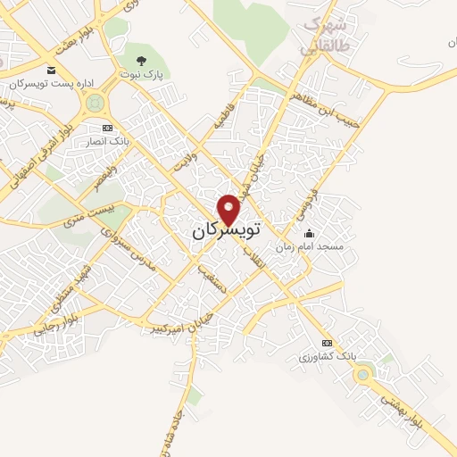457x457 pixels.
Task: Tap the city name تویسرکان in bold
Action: (225, 230)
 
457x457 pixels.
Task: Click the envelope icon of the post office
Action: (51, 70)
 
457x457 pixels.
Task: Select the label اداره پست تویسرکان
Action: (52, 83)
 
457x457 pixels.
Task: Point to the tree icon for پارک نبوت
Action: (139, 61)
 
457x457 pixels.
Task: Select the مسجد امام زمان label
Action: (309, 245)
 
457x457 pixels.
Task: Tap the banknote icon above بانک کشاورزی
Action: (327, 343)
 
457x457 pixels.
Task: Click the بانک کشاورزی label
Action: (327, 355)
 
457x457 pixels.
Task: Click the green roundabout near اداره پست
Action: (92, 104)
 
